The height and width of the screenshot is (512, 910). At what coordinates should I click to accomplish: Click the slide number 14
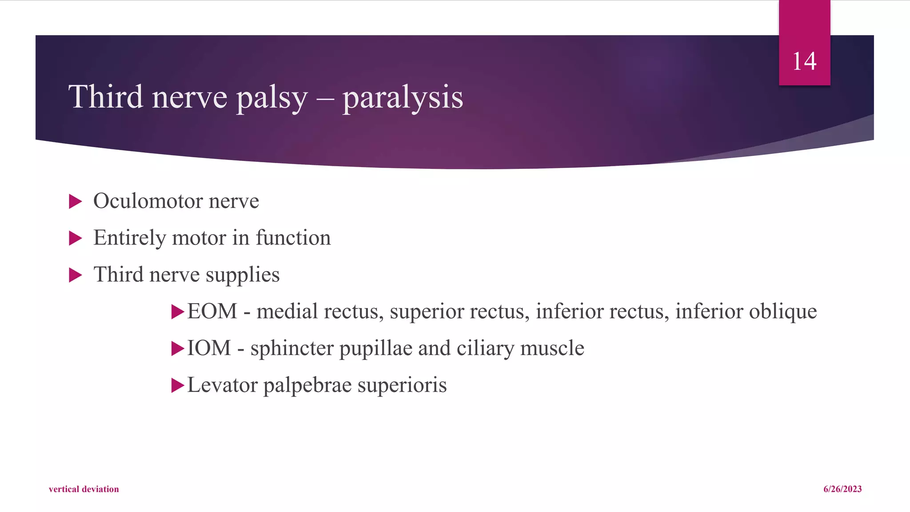tap(804, 61)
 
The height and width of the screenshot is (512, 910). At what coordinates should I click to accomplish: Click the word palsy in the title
tap(271, 97)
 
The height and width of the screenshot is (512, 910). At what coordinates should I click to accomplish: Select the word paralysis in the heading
tap(403, 97)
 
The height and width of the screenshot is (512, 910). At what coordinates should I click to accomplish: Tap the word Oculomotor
tap(148, 201)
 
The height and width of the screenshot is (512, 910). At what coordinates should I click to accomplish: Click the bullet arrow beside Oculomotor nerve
tap(76, 201)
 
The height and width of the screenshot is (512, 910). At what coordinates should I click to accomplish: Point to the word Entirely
tap(129, 238)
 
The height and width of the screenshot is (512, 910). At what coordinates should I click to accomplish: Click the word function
tap(293, 237)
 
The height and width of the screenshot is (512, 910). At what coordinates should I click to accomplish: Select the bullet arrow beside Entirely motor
tap(76, 238)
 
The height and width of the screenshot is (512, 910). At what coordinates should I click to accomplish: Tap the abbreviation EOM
tap(212, 311)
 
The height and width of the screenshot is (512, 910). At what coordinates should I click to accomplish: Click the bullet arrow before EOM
tap(178, 312)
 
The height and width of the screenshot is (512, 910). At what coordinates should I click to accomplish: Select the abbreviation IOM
tap(209, 348)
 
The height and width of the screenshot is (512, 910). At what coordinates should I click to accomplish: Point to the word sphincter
tap(291, 348)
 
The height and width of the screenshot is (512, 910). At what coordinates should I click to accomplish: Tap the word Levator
tap(222, 385)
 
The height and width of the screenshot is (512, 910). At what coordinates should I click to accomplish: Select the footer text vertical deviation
tap(84, 489)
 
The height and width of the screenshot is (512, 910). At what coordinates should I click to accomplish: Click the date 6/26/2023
tap(842, 489)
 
